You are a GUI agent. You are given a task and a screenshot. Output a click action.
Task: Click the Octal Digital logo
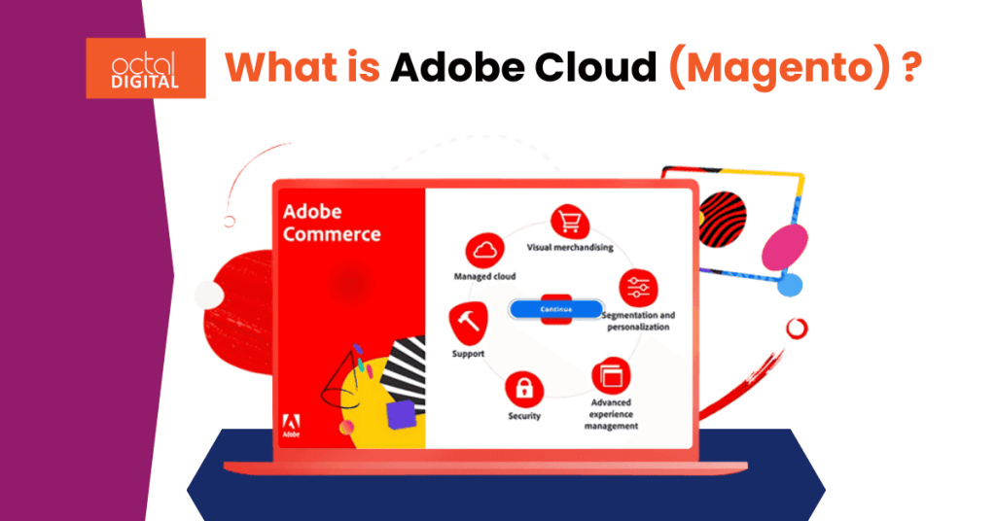[145, 68]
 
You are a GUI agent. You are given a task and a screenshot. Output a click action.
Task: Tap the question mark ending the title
[910, 69]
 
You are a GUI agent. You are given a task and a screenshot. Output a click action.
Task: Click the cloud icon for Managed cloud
[484, 252]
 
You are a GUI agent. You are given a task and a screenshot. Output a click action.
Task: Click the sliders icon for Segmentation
[638, 289]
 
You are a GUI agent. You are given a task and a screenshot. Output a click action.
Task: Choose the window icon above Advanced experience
[611, 374]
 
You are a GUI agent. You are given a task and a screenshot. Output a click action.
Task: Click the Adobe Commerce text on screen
[331, 223]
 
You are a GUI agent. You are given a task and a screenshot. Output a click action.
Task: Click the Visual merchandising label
[570, 248]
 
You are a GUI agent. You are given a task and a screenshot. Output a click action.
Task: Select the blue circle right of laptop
[790, 285]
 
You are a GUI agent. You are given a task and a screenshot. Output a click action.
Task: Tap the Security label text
[524, 417]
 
